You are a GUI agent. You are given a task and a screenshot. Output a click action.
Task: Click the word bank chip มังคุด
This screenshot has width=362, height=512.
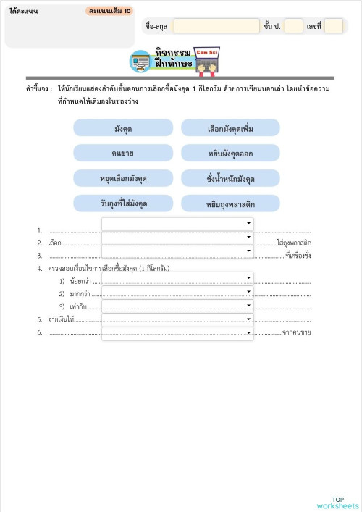click(123, 128)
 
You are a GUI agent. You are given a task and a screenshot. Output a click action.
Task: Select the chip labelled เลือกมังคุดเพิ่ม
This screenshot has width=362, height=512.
click(230, 128)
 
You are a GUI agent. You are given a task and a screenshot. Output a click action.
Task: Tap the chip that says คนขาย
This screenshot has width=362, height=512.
click(123, 153)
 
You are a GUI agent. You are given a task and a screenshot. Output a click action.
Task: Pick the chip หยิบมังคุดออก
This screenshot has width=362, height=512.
click(230, 153)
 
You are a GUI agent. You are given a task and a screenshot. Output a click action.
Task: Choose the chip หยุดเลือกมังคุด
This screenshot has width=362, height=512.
click(123, 178)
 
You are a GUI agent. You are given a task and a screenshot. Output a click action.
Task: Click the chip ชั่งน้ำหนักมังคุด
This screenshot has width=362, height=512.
click(230, 178)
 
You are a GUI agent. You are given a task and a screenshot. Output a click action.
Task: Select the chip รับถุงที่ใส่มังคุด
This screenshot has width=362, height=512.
click(123, 203)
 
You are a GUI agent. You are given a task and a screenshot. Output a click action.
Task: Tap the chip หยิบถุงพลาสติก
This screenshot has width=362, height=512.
click(230, 203)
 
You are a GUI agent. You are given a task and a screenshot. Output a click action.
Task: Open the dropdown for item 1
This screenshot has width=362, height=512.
click(177, 224)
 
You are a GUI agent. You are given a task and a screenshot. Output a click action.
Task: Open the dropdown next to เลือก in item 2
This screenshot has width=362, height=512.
click(177, 238)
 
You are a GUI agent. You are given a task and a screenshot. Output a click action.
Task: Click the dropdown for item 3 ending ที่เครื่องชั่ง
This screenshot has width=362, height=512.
click(177, 251)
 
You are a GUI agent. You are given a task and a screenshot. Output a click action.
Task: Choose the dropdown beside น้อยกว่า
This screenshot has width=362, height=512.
click(177, 278)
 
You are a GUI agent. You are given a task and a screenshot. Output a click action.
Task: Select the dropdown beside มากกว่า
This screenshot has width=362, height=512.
click(177, 292)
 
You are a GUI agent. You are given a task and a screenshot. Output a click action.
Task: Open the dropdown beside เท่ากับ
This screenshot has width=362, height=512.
click(177, 306)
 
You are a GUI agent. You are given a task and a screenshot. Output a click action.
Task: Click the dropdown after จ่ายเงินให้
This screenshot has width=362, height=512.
click(177, 319)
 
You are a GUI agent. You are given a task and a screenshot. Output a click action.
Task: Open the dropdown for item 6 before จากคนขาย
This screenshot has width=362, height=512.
click(177, 333)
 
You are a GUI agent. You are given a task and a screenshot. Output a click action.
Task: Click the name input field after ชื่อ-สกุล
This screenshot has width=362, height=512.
click(216, 26)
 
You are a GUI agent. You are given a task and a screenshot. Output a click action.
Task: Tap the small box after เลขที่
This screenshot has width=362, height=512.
click(333, 26)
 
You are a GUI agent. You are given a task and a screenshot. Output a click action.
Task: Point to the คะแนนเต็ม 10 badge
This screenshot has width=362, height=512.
click(109, 12)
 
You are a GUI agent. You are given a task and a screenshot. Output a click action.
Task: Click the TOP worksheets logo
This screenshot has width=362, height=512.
click(337, 503)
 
